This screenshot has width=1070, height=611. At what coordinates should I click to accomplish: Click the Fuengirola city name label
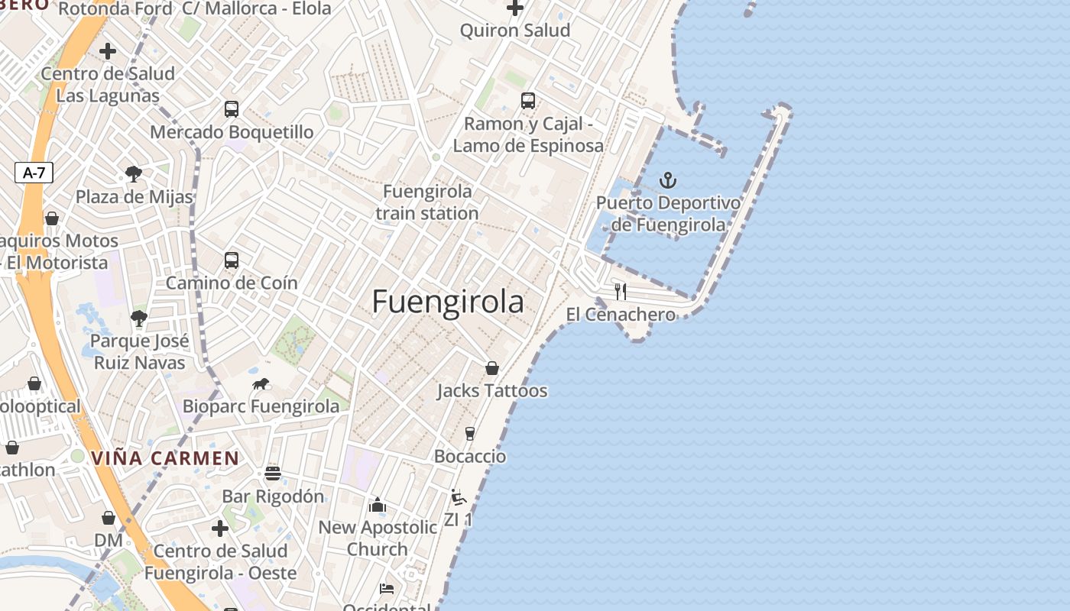[x=448, y=302]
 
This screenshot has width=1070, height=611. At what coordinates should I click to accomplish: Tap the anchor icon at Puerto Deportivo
[x=668, y=180]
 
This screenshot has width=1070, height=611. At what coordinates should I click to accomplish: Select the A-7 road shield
[x=34, y=173]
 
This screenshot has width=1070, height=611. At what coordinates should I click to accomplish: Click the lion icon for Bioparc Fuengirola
[x=261, y=384]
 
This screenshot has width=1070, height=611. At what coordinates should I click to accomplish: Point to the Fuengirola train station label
[x=427, y=202]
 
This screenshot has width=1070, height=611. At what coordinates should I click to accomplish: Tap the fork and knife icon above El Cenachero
[x=621, y=291]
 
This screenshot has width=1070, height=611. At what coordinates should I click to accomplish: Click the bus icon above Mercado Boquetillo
[x=232, y=109]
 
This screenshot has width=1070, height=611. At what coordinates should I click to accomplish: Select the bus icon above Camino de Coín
[x=232, y=260]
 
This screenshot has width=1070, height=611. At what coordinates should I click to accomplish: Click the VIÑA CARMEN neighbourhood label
[x=165, y=458]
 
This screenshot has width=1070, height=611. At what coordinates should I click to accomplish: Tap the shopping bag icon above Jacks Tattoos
[x=492, y=368]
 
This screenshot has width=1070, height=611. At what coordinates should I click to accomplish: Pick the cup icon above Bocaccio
[x=470, y=434]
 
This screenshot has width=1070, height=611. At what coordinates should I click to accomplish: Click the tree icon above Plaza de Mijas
[x=134, y=174]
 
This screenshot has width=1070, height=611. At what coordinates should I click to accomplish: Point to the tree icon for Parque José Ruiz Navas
[x=138, y=318]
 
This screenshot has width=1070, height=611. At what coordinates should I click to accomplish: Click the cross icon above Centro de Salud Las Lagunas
[x=108, y=51]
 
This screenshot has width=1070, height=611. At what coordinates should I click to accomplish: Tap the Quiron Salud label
[x=515, y=31]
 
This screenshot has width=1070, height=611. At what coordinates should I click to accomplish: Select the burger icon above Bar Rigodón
[x=273, y=474]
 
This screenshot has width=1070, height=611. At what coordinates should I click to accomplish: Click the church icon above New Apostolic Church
[x=378, y=505]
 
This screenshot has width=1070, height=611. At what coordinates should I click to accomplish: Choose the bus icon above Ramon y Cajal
[x=528, y=100]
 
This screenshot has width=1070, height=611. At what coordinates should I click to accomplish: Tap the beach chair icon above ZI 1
[x=459, y=497]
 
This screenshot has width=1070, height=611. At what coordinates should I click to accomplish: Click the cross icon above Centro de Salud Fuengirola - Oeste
[x=220, y=529]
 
